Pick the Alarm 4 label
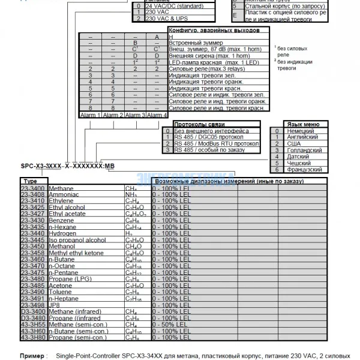coord(157,115)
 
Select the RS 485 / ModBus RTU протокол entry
coord(217,143)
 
